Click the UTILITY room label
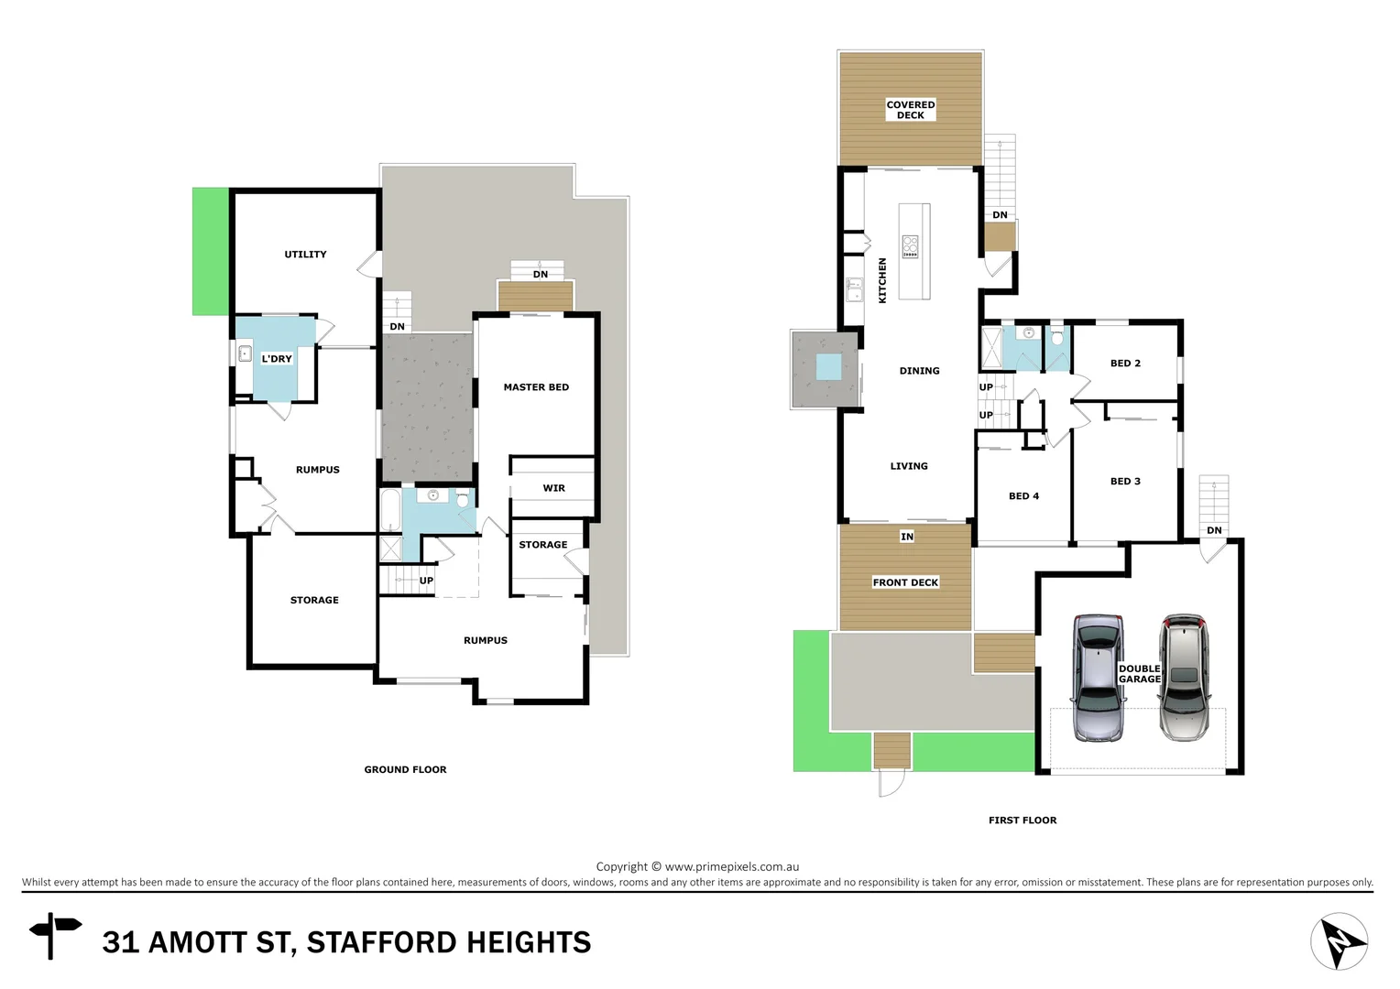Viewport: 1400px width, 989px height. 305,255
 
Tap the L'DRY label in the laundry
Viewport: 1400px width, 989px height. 277,359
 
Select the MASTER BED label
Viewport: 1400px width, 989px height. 536,387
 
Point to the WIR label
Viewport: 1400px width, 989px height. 553,488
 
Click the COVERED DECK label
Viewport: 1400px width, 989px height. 910,110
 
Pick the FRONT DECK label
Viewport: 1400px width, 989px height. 905,582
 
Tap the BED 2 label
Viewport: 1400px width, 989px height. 1125,364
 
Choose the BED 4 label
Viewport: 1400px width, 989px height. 1023,496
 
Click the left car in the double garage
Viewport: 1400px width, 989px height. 1099,678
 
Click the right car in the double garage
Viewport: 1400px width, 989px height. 1184,678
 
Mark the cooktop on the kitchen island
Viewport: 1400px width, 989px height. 910,246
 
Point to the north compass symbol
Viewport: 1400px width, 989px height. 1339,941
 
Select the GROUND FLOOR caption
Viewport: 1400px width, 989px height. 405,770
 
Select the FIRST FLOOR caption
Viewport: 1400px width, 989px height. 1023,821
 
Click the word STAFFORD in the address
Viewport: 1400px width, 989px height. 382,942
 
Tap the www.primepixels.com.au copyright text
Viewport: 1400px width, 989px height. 732,866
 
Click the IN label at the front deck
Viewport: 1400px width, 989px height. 906,537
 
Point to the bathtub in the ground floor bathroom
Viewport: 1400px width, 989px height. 389,514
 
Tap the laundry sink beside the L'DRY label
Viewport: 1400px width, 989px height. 245,353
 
